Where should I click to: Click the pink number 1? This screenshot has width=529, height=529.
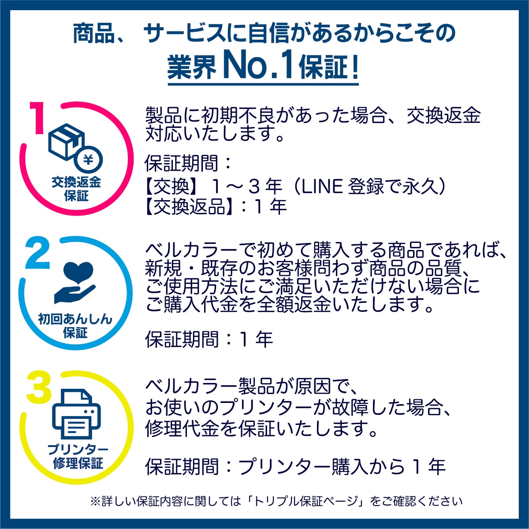[x=37, y=118]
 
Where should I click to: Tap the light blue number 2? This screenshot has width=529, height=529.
[x=37, y=253]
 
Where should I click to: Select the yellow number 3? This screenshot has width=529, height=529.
[x=39, y=387]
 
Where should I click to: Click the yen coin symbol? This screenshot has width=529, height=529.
[x=89, y=160]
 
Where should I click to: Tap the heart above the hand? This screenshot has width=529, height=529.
[x=78, y=272]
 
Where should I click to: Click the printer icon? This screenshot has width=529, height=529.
[x=76, y=414]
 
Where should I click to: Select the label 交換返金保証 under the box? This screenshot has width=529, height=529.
[x=76, y=190]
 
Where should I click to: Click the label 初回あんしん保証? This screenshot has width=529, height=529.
[x=75, y=326]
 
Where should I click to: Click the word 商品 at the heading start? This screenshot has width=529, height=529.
[x=93, y=34]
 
